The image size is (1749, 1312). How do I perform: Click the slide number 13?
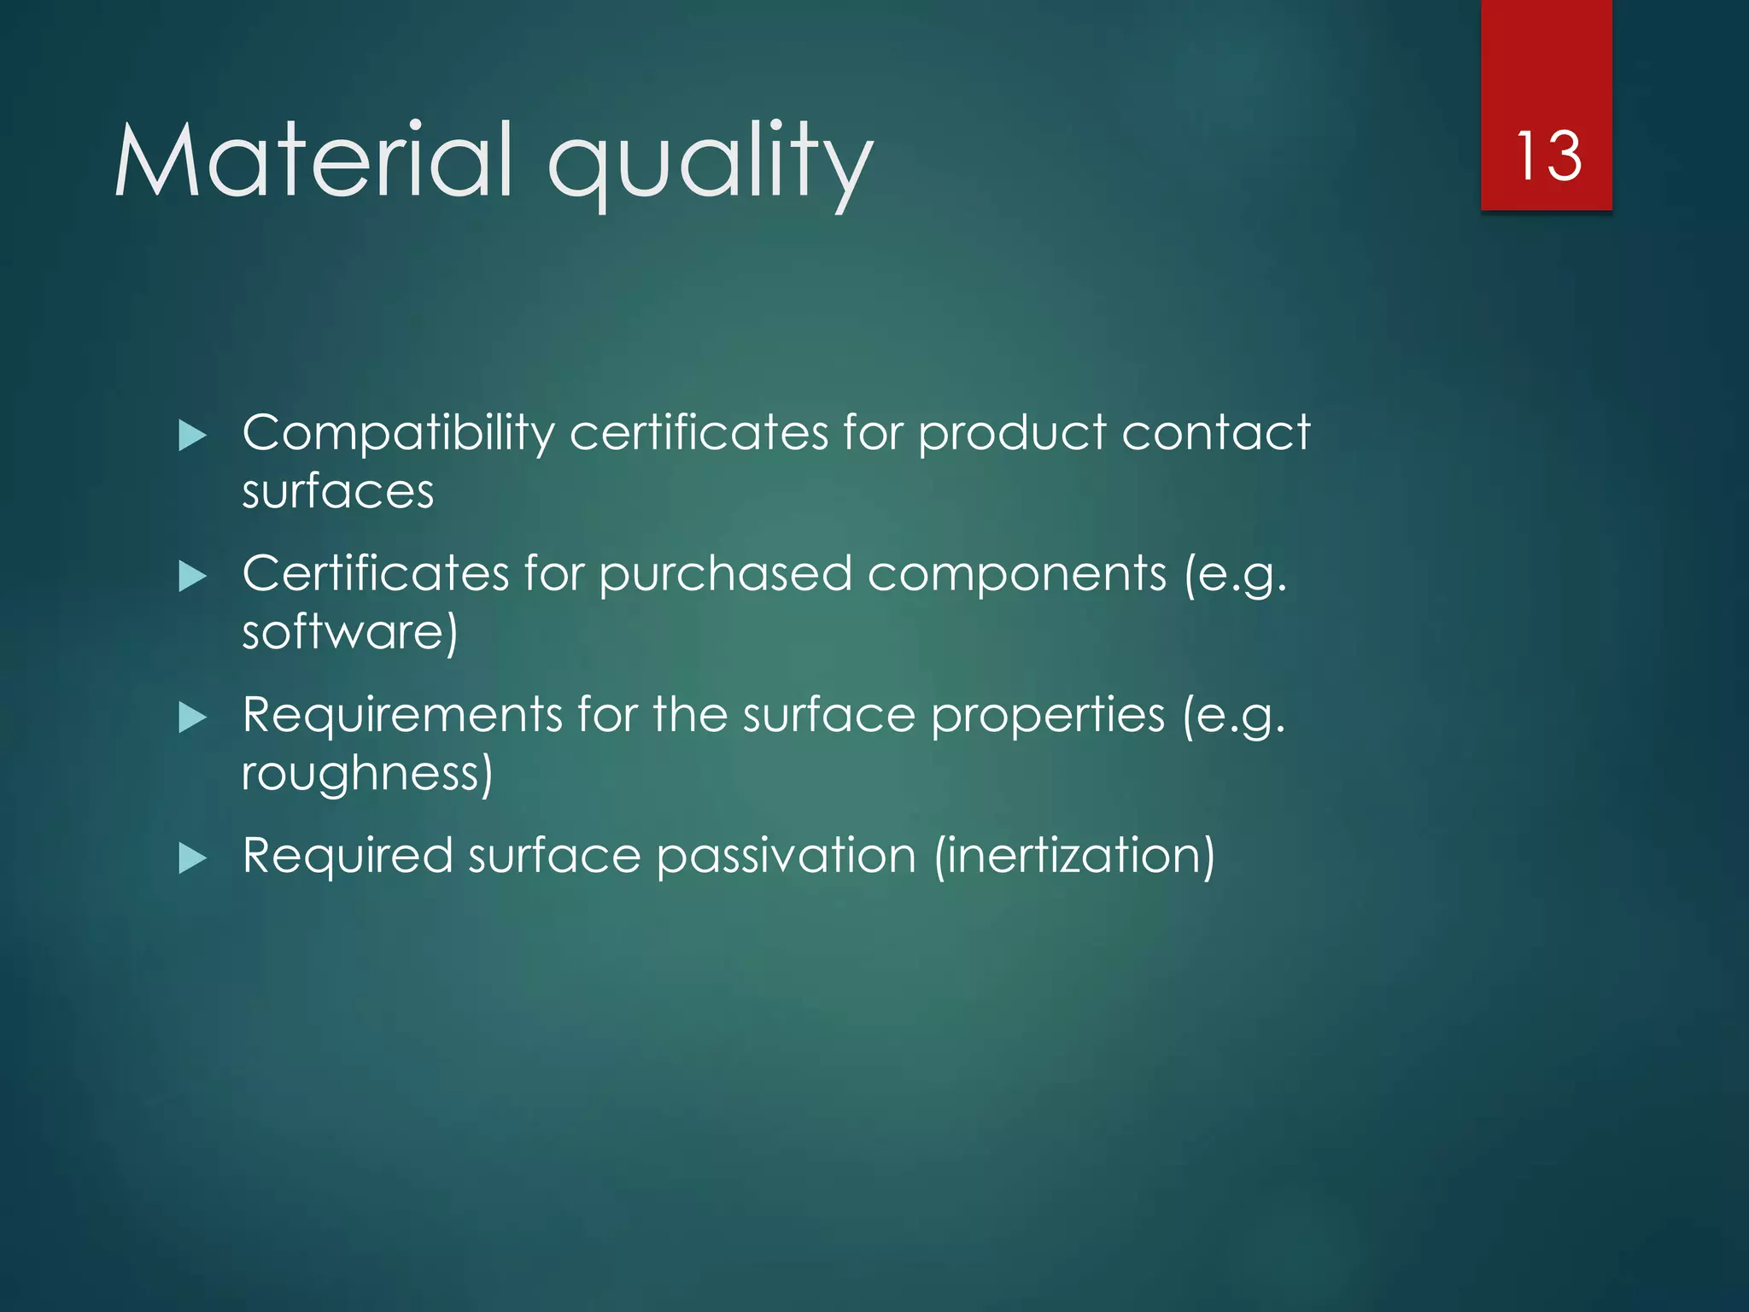tap(1547, 156)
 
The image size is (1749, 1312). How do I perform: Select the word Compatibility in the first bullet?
tap(398, 433)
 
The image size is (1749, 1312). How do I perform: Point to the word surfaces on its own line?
tap(338, 492)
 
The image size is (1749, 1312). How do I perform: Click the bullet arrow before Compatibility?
tap(193, 436)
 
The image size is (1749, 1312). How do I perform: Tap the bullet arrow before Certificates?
tap(193, 577)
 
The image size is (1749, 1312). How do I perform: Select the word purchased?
tap(725, 574)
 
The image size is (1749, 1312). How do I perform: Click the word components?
tap(1016, 574)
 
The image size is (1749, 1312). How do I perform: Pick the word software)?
tap(350, 633)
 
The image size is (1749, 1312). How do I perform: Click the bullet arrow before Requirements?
tap(193, 717)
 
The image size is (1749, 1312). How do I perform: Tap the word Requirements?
tap(402, 715)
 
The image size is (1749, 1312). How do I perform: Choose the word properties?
tap(1048, 716)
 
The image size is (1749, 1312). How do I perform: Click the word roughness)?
tap(367, 774)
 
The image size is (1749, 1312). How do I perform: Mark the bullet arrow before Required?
tap(193, 858)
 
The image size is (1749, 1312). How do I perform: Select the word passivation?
tap(786, 856)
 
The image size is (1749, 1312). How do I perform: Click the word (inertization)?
tap(1074, 856)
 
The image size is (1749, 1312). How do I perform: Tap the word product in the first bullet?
tap(1012, 433)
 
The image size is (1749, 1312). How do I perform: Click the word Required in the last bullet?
tap(348, 856)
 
